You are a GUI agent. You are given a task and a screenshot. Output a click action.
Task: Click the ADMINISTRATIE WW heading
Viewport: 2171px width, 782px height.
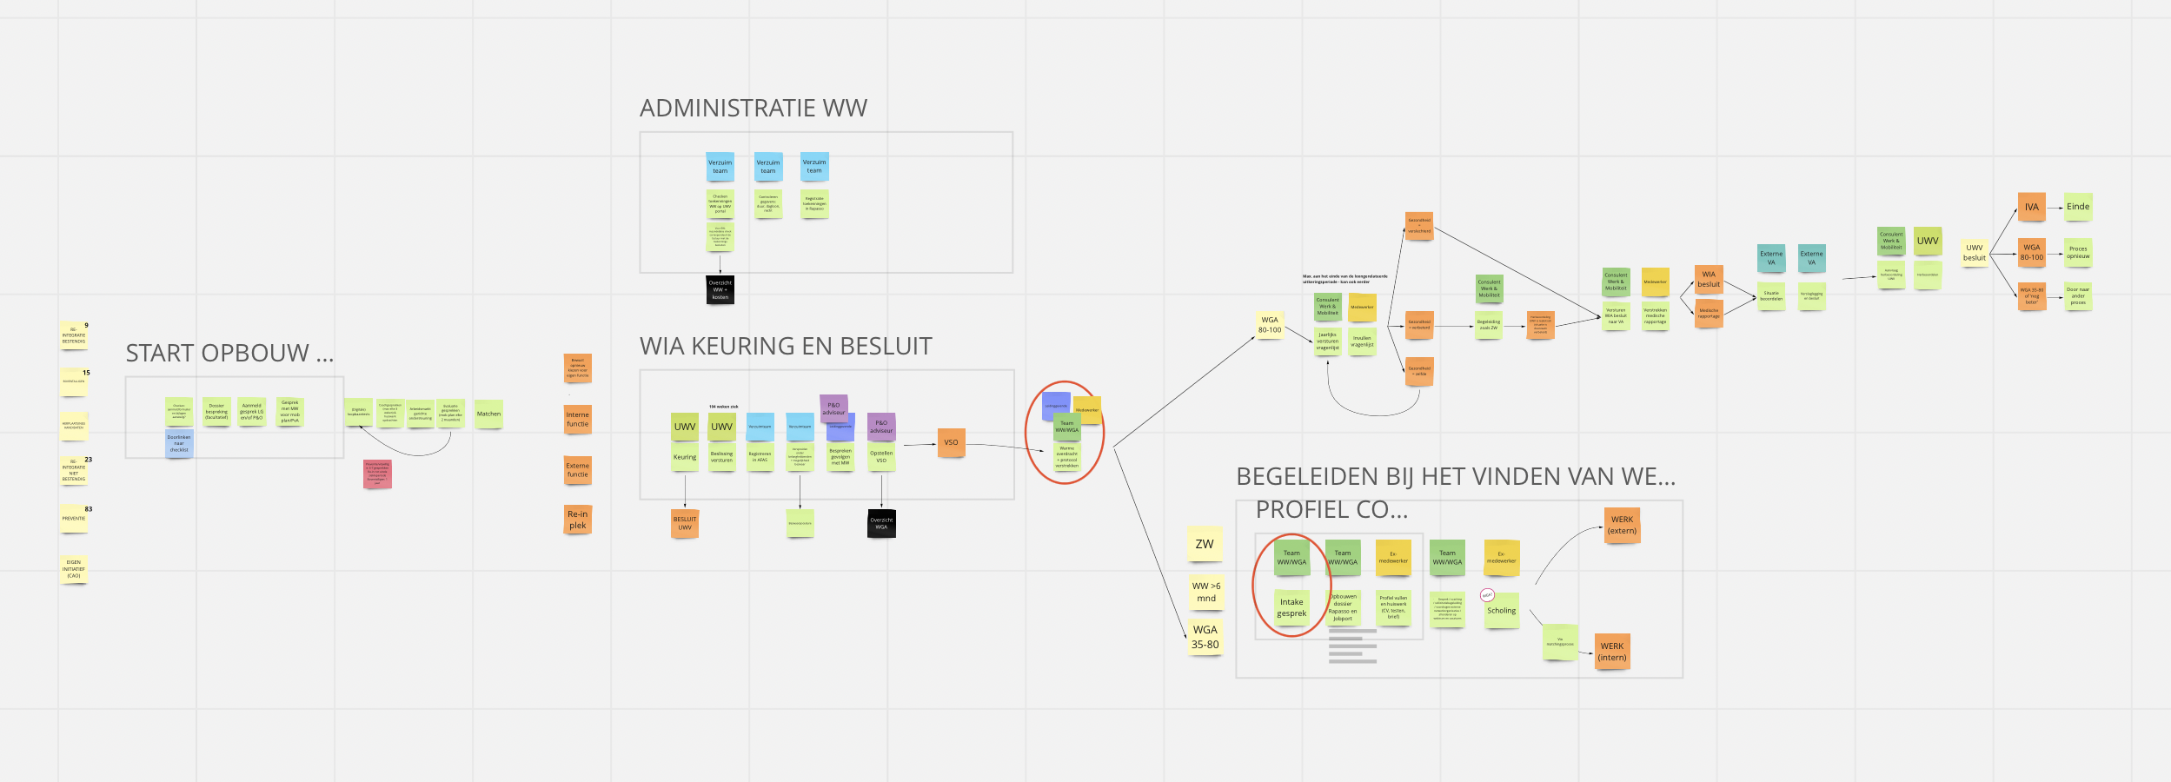(x=753, y=109)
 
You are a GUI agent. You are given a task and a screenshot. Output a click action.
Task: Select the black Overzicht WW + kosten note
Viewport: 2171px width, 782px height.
(x=720, y=290)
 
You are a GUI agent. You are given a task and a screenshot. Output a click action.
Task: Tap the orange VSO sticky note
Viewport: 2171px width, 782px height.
(x=951, y=442)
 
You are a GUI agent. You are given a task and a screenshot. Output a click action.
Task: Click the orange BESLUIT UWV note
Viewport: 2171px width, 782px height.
(x=685, y=524)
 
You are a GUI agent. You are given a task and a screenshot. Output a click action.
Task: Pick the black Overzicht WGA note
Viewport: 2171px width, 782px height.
(x=881, y=524)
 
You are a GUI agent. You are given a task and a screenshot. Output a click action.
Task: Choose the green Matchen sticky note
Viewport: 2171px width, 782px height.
(x=488, y=414)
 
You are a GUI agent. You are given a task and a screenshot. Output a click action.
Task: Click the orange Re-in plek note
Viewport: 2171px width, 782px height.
(x=578, y=520)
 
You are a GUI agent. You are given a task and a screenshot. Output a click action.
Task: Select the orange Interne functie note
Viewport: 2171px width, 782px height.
(x=578, y=420)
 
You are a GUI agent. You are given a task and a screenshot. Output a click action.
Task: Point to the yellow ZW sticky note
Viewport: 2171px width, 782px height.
(x=1205, y=544)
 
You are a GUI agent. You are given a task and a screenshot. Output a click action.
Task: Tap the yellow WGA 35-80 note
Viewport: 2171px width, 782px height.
(x=1205, y=637)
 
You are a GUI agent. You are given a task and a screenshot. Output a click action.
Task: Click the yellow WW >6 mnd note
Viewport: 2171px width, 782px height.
(x=1206, y=592)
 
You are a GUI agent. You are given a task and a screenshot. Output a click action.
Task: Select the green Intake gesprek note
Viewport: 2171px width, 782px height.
(x=1291, y=607)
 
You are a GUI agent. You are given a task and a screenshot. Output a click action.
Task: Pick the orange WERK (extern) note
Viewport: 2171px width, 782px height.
(x=1622, y=525)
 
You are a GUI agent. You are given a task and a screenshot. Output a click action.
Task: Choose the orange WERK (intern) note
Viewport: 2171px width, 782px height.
(x=1612, y=652)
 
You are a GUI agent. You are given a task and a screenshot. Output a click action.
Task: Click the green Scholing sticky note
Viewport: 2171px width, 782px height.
(x=1501, y=611)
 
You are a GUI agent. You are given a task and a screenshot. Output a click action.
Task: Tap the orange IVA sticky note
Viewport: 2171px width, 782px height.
(x=2031, y=208)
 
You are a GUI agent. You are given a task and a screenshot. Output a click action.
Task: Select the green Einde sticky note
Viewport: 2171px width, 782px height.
(x=2078, y=207)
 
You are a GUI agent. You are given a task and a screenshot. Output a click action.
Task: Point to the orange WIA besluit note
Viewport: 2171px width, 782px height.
(x=1709, y=280)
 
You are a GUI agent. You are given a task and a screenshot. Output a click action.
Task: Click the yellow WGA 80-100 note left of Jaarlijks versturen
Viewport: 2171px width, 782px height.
(x=1270, y=325)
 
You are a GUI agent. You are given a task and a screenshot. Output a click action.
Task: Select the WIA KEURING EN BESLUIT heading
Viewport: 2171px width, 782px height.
(x=786, y=347)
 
